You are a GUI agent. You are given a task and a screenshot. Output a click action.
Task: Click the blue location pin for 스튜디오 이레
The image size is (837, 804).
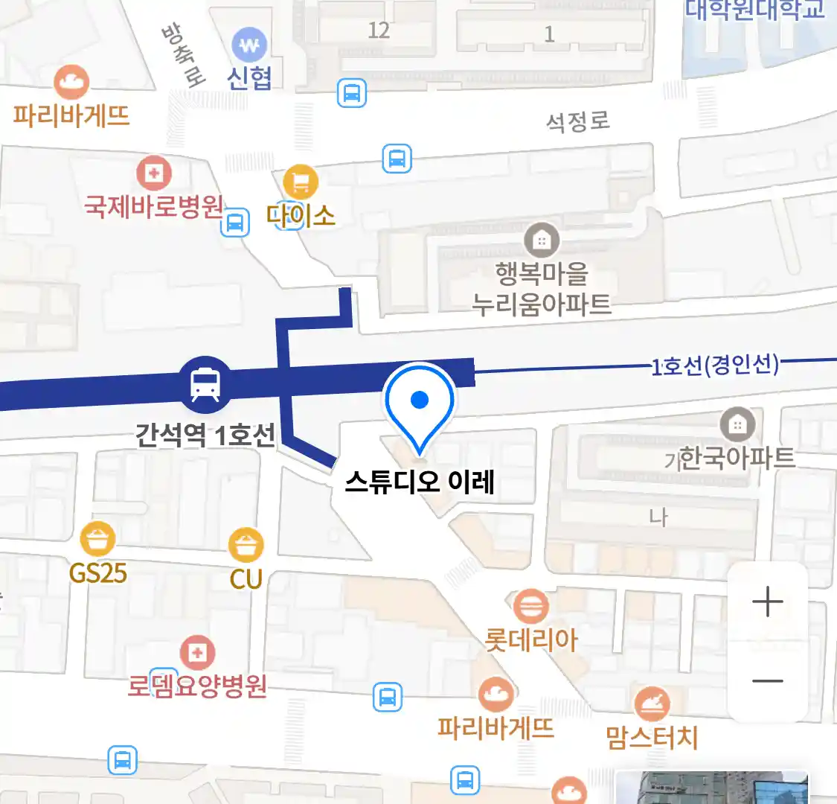pyautogui.click(x=420, y=403)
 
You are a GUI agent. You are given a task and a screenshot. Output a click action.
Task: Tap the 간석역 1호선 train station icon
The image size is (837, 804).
pyautogui.click(x=205, y=384)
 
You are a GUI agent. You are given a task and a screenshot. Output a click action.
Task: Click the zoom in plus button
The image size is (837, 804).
pyautogui.click(x=767, y=601)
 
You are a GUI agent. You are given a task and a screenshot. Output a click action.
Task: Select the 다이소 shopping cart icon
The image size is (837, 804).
pyautogui.click(x=301, y=182)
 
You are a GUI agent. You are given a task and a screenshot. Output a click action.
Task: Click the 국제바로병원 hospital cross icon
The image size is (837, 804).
pyautogui.click(x=154, y=174)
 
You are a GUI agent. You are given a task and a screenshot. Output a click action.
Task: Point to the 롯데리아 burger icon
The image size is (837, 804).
pyautogui.click(x=530, y=607)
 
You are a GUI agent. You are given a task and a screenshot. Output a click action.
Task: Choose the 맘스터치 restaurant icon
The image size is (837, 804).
pyautogui.click(x=651, y=703)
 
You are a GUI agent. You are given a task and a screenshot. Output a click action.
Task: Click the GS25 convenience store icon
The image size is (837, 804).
pyautogui.click(x=98, y=539)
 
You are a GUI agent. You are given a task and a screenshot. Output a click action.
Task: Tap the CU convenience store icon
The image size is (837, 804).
pyautogui.click(x=246, y=546)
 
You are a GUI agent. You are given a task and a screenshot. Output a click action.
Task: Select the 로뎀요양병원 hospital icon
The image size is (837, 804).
pyautogui.click(x=196, y=654)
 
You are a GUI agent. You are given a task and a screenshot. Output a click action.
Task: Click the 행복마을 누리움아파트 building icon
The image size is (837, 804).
pyautogui.click(x=542, y=240)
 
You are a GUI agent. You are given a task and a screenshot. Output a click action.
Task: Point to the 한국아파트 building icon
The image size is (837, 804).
pyautogui.click(x=737, y=425)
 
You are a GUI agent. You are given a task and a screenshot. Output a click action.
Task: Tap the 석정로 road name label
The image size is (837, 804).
pyautogui.click(x=578, y=121)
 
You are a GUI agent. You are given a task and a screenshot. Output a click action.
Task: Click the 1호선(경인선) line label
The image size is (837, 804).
pyautogui.click(x=715, y=366)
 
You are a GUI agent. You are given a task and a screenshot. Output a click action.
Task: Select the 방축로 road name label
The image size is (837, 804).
pyautogui.click(x=182, y=56)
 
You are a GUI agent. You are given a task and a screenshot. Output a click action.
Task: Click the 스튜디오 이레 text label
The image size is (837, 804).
pyautogui.click(x=420, y=483)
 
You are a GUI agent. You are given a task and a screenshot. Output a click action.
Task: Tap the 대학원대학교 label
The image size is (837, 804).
pyautogui.click(x=754, y=10)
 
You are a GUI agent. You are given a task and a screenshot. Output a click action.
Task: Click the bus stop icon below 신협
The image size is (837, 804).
pyautogui.click(x=352, y=94)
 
